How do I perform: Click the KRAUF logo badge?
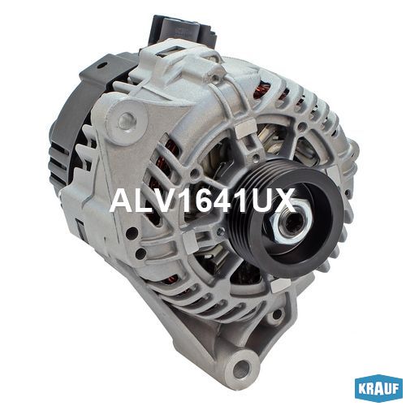coord(378,389)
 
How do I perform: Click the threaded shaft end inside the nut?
coord(292,220)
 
